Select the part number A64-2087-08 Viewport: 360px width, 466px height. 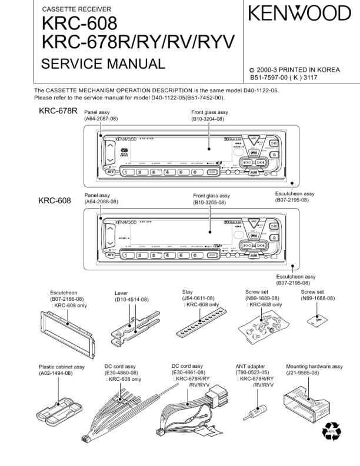(x=102, y=119)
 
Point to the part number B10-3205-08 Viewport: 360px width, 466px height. (x=212, y=203)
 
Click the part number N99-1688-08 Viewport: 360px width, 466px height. (x=318, y=299)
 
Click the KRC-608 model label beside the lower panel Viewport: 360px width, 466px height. (x=54, y=200)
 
